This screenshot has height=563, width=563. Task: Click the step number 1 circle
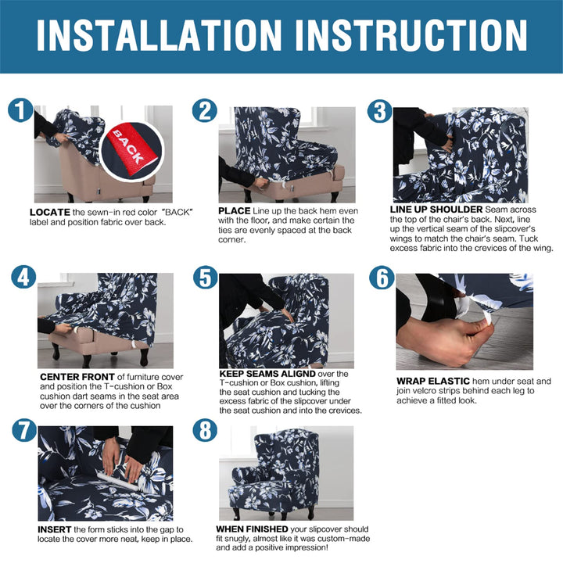pyautogui.click(x=20, y=110)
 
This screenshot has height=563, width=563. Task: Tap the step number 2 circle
pyautogui.click(x=205, y=110)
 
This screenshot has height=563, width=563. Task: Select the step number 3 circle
pyautogui.click(x=379, y=110)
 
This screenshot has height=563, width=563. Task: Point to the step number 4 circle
pyautogui.click(x=23, y=277)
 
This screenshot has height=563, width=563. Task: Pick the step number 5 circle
pyautogui.click(x=206, y=277)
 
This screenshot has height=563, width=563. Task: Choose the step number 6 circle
pyautogui.click(x=382, y=277)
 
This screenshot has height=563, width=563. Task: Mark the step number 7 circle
pyautogui.click(x=24, y=431)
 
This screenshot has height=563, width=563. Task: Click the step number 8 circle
pyautogui.click(x=205, y=431)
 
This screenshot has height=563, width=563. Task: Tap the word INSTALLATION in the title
pyautogui.click(x=160, y=35)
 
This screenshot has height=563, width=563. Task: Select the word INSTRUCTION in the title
pyautogui.click(x=411, y=35)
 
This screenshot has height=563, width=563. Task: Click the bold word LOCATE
pyautogui.click(x=50, y=212)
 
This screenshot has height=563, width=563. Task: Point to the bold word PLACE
pyautogui.click(x=234, y=211)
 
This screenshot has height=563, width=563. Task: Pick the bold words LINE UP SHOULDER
pyautogui.click(x=436, y=210)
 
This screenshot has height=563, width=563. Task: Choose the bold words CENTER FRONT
pyautogui.click(x=77, y=377)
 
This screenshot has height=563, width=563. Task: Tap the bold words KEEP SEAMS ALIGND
pyautogui.click(x=267, y=374)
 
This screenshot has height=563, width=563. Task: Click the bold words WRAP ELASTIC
pyautogui.click(x=433, y=381)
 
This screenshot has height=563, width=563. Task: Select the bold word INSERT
pyautogui.click(x=54, y=529)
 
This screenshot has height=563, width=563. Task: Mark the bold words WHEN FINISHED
pyautogui.click(x=252, y=529)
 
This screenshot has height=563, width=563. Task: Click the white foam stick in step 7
pyautogui.click(x=117, y=481)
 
